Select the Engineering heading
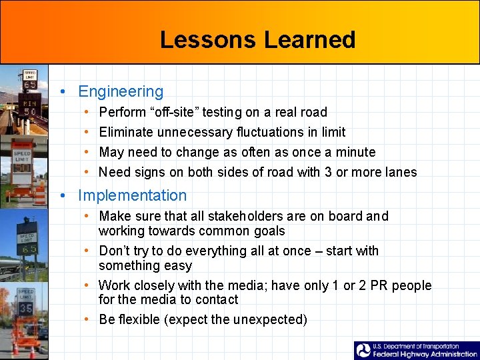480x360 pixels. click(x=121, y=92)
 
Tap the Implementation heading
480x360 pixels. click(x=133, y=195)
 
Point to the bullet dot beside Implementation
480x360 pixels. click(x=61, y=195)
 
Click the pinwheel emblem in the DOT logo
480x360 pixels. click(x=363, y=350)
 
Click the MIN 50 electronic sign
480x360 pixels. click(x=30, y=107)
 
